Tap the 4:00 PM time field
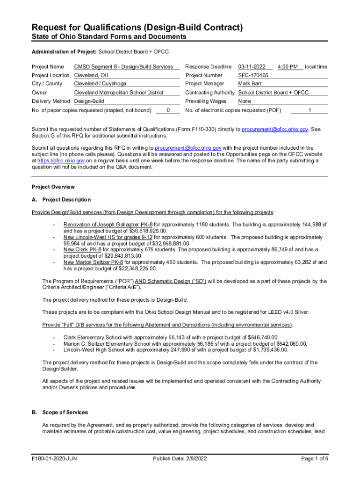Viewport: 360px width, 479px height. (x=288, y=67)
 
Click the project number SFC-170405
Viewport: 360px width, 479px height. (x=253, y=75)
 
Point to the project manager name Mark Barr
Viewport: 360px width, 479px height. (x=250, y=84)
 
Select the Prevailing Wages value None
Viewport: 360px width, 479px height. (x=245, y=101)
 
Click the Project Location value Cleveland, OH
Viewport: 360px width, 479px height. (x=93, y=75)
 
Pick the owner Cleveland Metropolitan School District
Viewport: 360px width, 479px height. (x=119, y=93)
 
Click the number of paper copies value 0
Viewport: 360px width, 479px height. (x=168, y=110)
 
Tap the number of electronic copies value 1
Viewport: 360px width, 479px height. (x=310, y=110)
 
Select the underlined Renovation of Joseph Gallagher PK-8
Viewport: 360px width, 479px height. (x=108, y=225)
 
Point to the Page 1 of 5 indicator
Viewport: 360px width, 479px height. (x=315, y=458)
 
